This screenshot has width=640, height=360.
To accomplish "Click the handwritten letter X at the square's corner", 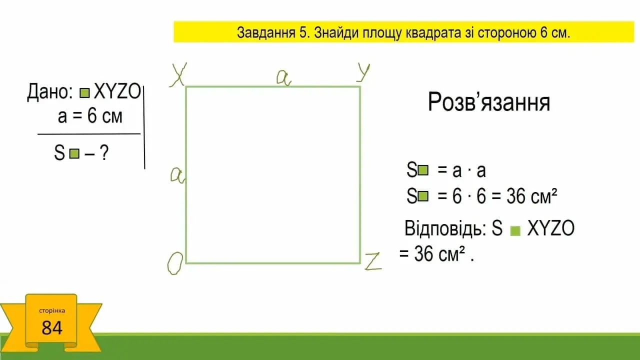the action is pyautogui.click(x=178, y=74).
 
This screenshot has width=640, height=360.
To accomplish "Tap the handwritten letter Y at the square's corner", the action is pyautogui.click(x=363, y=72).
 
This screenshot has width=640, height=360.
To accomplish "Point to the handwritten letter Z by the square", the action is pyautogui.click(x=373, y=261).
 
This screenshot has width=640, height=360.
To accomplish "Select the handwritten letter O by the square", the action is pyautogui.click(x=175, y=263).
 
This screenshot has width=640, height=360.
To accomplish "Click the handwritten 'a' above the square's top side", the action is pyautogui.click(x=283, y=77).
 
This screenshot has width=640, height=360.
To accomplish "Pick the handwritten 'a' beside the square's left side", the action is pyautogui.click(x=177, y=175).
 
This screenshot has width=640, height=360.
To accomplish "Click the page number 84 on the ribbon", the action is pyautogui.click(x=51, y=327).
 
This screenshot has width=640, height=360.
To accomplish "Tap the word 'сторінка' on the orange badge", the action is pyautogui.click(x=52, y=310).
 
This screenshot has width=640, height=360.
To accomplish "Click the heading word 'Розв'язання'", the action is pyautogui.click(x=489, y=102).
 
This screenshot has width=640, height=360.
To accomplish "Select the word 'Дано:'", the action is pyautogui.click(x=50, y=92).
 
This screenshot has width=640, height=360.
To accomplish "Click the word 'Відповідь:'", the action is pyautogui.click(x=445, y=228).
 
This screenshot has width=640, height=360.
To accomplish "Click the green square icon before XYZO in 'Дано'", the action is pyautogui.click(x=84, y=93).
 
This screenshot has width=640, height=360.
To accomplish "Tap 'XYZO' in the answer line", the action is pyautogui.click(x=550, y=228).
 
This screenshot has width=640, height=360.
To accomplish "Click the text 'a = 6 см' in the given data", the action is pyautogui.click(x=90, y=116).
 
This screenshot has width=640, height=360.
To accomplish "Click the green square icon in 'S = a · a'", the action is pyautogui.click(x=423, y=170).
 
